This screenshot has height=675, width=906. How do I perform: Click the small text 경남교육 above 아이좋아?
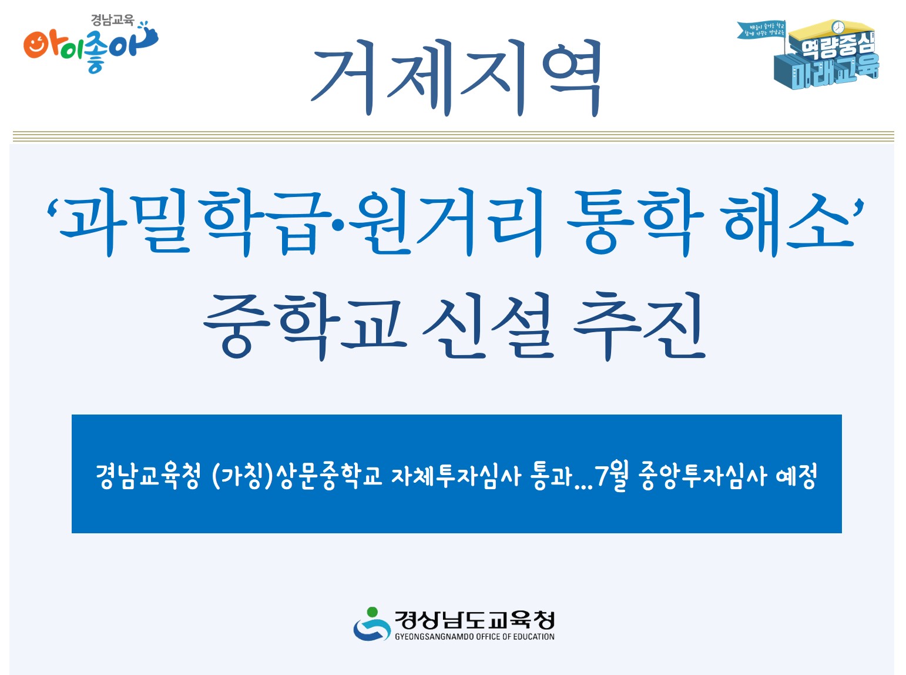pos(112,20)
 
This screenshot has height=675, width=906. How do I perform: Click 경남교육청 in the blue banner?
pos(148,475)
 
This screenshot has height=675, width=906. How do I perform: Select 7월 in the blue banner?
pos(612,475)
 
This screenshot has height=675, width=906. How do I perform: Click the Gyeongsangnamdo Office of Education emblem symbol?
pos(371,624)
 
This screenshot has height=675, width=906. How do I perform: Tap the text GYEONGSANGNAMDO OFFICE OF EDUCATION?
pos(474,637)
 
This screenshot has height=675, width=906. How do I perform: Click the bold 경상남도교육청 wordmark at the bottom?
pos(474,620)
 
